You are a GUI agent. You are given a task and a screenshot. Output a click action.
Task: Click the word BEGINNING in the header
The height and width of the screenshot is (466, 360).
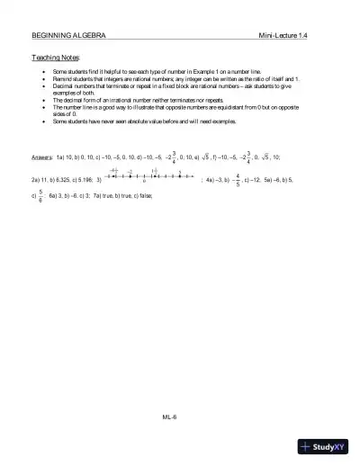[48, 34]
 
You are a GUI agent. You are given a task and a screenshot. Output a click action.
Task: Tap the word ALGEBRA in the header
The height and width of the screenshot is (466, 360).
[87, 34]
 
